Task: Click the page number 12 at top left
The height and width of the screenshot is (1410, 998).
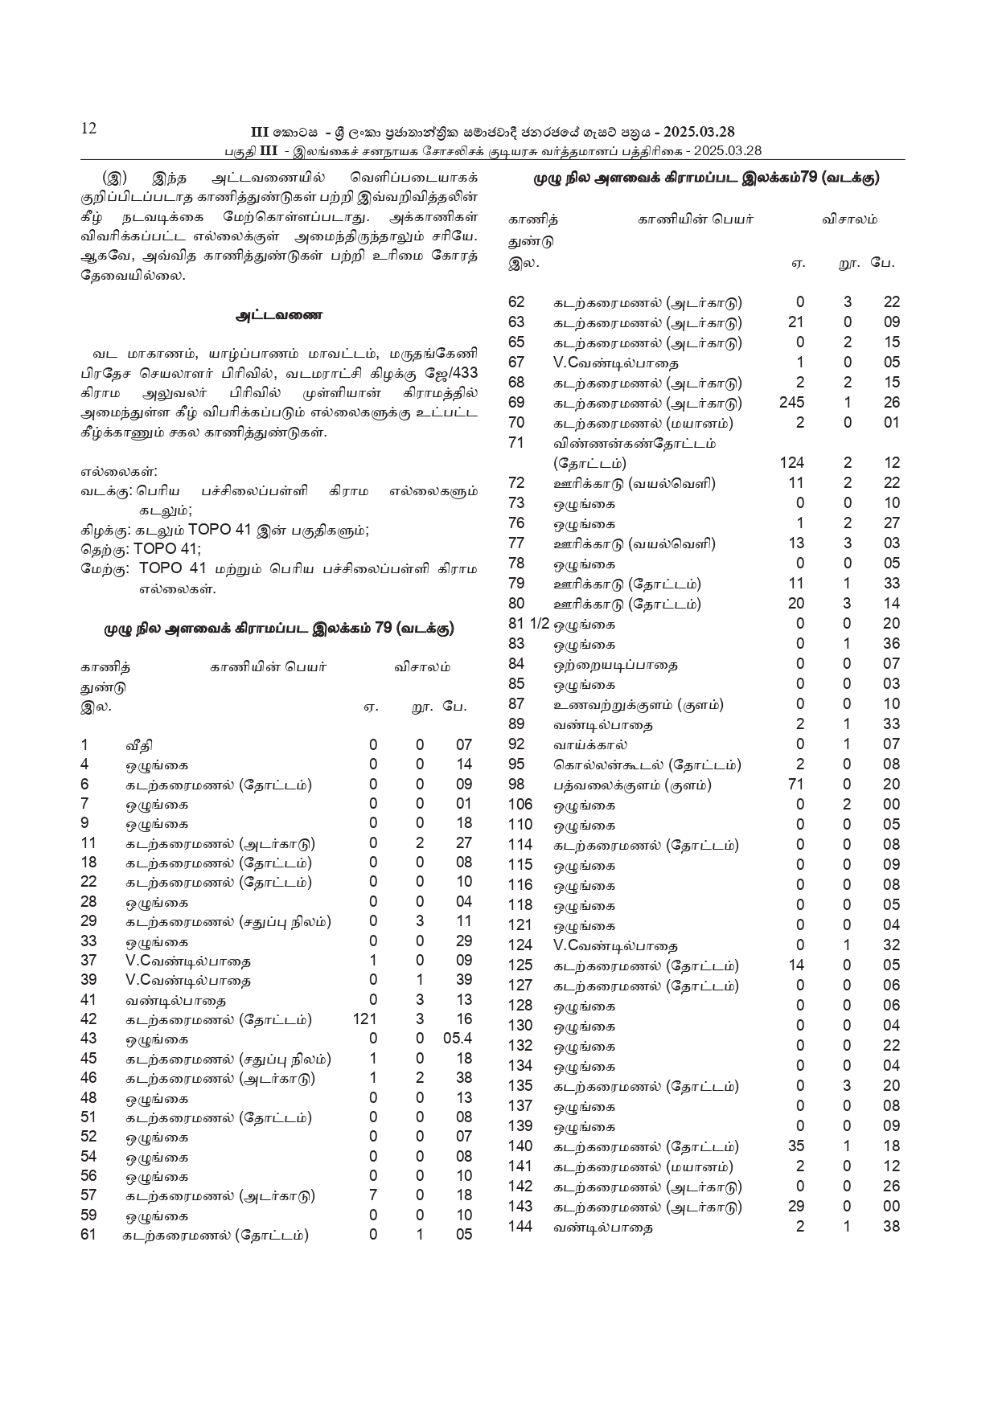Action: [x=88, y=129]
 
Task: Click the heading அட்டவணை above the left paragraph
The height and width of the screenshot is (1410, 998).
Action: [x=279, y=316]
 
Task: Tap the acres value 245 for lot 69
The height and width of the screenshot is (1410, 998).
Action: [x=791, y=403]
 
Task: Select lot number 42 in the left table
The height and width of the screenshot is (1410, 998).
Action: [x=88, y=1019]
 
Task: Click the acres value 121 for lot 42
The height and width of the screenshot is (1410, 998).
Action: [x=365, y=1019]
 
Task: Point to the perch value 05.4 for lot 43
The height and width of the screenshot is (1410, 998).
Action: [x=458, y=1039]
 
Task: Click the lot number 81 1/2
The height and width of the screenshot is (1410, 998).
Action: [x=523, y=624]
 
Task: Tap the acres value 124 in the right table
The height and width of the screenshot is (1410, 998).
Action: [x=791, y=463]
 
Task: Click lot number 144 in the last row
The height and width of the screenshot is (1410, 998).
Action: [x=520, y=1227]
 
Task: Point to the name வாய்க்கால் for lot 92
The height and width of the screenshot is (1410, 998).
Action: [x=590, y=745]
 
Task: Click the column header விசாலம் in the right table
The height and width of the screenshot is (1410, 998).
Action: [x=849, y=219]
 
